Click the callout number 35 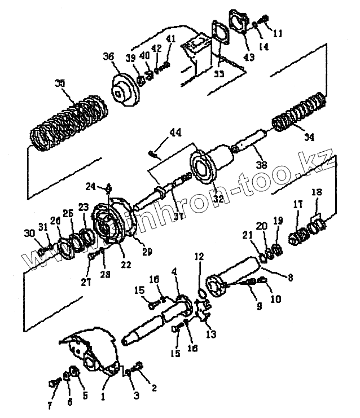(x=60, y=83)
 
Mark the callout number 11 (x=277, y=33)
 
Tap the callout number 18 (x=317, y=192)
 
